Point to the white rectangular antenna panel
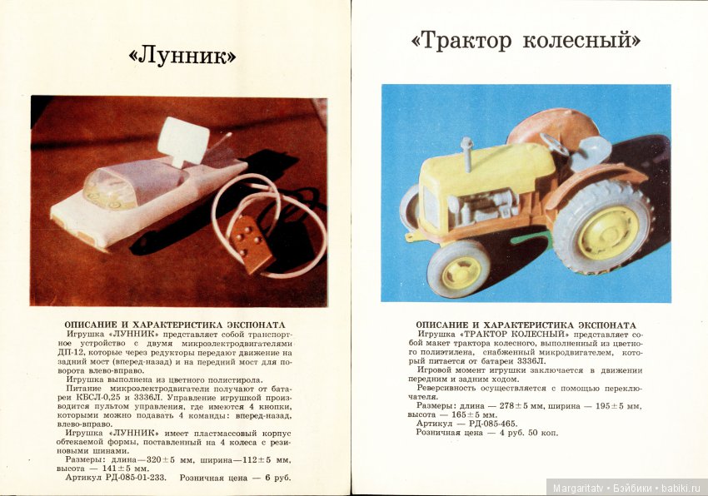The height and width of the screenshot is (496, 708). click(183, 141)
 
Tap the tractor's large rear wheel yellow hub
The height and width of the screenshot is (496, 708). click(607, 231)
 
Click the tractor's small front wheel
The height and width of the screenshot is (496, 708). click(459, 270)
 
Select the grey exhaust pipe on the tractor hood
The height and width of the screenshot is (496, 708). click(466, 155)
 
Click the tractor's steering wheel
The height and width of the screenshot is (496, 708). click(555, 145)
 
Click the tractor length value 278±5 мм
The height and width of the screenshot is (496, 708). click(516, 405)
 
